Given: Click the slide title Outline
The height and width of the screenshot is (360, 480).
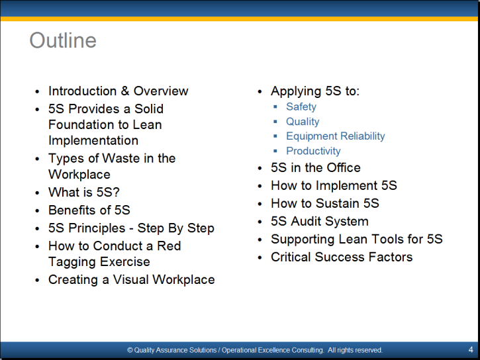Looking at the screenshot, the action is coord(63,40).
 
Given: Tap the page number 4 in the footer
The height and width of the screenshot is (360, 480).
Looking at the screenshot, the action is coord(471,349).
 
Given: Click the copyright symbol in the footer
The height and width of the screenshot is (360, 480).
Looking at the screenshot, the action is coord(130,350).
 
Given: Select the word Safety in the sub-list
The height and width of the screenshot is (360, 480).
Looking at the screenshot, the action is coord(301,107).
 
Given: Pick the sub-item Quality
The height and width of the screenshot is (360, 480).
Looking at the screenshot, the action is coord(303,121).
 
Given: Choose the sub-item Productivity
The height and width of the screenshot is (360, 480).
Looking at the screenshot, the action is coord(313,151).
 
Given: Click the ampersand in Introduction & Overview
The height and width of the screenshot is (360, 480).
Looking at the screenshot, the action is coord(125,91).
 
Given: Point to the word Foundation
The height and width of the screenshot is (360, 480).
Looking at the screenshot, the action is coord(82,125).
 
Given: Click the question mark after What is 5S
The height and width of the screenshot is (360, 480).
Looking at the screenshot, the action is coord(116,193).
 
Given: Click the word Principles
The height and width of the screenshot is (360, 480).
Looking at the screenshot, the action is coord(97,228).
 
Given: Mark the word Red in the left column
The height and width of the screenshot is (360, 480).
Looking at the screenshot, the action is coord(169,246).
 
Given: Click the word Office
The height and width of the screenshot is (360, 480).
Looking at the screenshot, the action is coord(344,167).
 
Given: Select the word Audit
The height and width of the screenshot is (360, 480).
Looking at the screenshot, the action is coord(303,221).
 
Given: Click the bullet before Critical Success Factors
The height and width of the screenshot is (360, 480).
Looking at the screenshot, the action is coord(260,257).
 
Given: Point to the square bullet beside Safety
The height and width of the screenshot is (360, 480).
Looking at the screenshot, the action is coord(275,107).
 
